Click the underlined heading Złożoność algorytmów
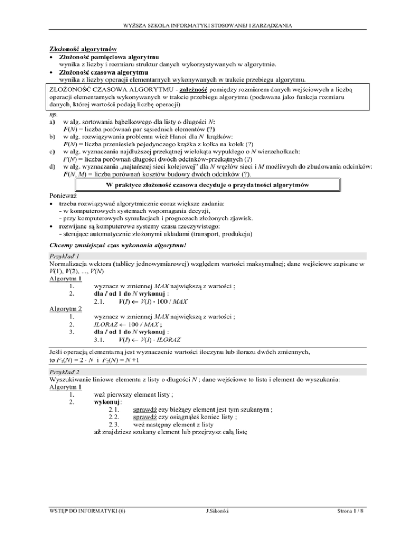click(84, 49)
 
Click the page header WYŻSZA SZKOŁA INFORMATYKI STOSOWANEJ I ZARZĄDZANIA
click(207, 25)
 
